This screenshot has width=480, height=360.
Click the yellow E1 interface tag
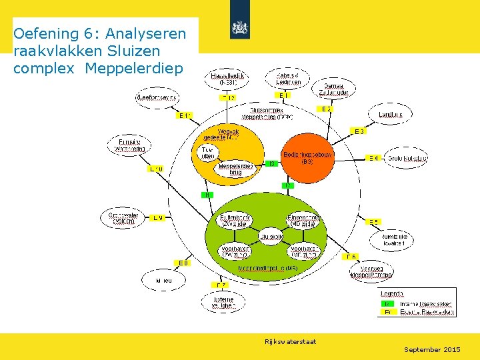click(283, 95)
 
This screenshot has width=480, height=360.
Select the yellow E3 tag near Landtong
click(359, 131)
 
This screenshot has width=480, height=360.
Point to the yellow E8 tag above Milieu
click(183, 262)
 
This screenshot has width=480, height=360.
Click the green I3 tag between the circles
click(271, 163)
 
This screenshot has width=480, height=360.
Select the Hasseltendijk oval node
click(228, 79)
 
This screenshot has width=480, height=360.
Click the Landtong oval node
click(391, 115)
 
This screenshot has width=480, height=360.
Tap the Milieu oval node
click(164, 281)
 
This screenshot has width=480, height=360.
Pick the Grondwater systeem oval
click(124, 218)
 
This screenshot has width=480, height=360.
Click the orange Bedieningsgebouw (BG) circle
click(307, 157)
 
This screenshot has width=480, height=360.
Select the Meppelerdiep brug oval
click(235, 169)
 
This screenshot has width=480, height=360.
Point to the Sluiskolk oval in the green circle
click(272, 237)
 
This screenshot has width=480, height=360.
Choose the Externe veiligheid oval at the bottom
click(224, 303)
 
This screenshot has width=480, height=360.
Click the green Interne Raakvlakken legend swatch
click(387, 303)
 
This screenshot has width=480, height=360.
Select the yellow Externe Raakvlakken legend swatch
click(387, 311)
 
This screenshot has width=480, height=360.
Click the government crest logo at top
click(240, 28)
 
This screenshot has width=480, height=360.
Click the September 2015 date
click(432, 349)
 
